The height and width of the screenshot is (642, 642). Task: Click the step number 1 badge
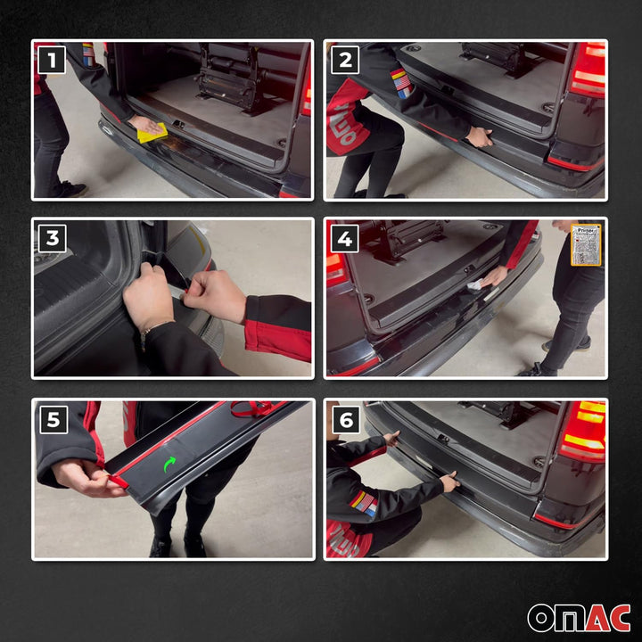(x=53, y=60)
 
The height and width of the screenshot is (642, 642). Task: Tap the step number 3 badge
(x=53, y=238)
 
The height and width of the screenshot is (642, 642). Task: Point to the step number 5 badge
(x=53, y=419)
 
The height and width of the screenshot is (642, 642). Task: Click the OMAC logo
(x=579, y=617)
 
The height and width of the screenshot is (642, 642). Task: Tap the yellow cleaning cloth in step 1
(x=152, y=133)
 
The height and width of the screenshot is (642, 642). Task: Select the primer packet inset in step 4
(x=586, y=244)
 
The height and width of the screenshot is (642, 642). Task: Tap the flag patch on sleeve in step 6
(x=362, y=504)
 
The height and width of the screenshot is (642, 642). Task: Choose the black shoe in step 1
(x=69, y=189)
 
